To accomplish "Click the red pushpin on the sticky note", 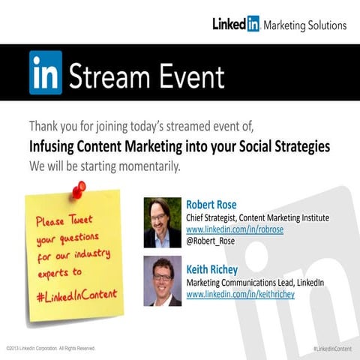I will pos(77,190).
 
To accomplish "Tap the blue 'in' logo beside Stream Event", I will pos(46,73).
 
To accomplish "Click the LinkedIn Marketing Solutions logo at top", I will pos(279,24).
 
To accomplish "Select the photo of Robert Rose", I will pos(163,223).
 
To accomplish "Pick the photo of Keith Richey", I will pos(163,280).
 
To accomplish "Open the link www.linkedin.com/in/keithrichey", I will pos(240,294).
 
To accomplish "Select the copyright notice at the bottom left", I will pos(51,349).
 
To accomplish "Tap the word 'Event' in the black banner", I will pos(187,75).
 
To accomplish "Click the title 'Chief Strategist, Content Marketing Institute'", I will pos(257,217).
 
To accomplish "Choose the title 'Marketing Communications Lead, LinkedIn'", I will pos(255,282).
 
